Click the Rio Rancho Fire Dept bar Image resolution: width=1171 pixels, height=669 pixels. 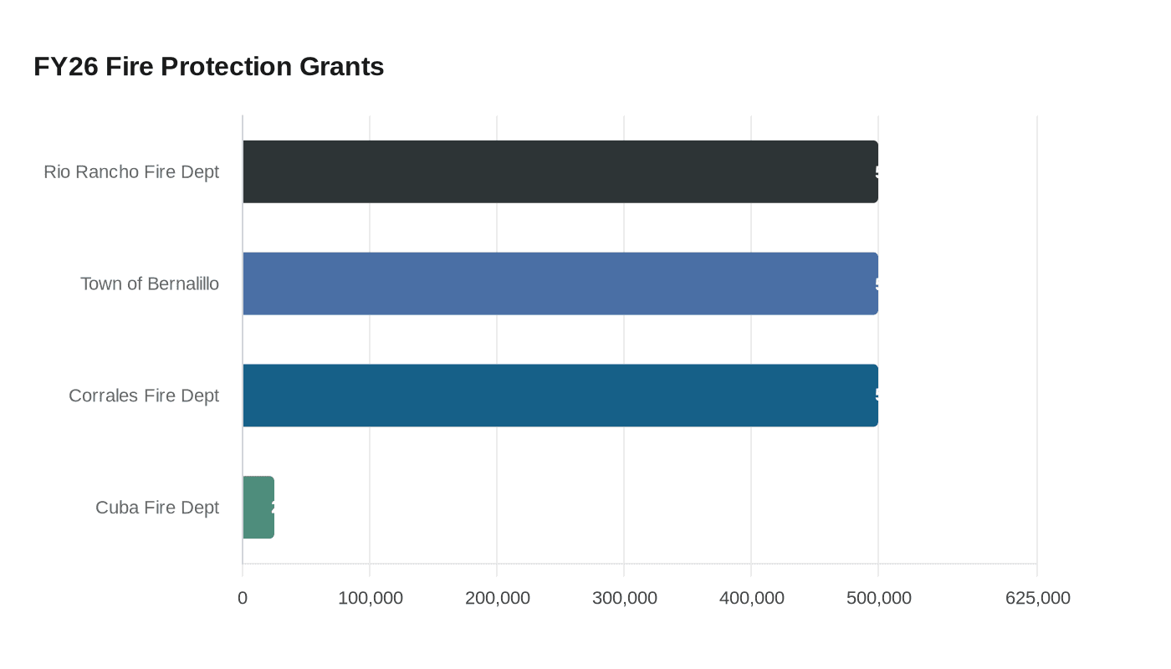click(x=560, y=171)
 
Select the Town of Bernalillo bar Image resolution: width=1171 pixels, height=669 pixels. click(x=560, y=283)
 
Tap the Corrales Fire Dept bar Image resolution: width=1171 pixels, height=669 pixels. click(x=560, y=396)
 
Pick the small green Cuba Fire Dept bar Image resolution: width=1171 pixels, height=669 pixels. click(x=258, y=508)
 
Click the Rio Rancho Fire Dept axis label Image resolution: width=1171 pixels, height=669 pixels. click(x=131, y=171)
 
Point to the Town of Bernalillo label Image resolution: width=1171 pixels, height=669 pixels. click(x=150, y=283)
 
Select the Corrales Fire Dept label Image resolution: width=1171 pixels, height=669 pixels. click(x=144, y=396)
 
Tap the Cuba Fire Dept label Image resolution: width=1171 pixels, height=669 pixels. click(x=157, y=508)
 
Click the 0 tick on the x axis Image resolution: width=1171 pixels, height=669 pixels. click(x=243, y=598)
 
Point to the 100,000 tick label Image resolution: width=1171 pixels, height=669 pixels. click(x=371, y=598)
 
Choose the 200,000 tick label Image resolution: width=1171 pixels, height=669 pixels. click(x=498, y=598)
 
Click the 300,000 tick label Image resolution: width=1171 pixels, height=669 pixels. click(x=625, y=598)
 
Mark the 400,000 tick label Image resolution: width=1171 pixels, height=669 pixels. click(x=752, y=598)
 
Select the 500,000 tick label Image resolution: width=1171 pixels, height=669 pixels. click(x=879, y=598)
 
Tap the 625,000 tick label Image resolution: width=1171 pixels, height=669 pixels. click(x=1038, y=598)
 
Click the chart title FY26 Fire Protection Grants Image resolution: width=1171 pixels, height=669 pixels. click(x=209, y=66)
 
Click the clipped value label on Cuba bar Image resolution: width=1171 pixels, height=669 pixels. click(x=273, y=508)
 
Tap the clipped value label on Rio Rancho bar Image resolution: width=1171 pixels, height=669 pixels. click(x=877, y=172)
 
